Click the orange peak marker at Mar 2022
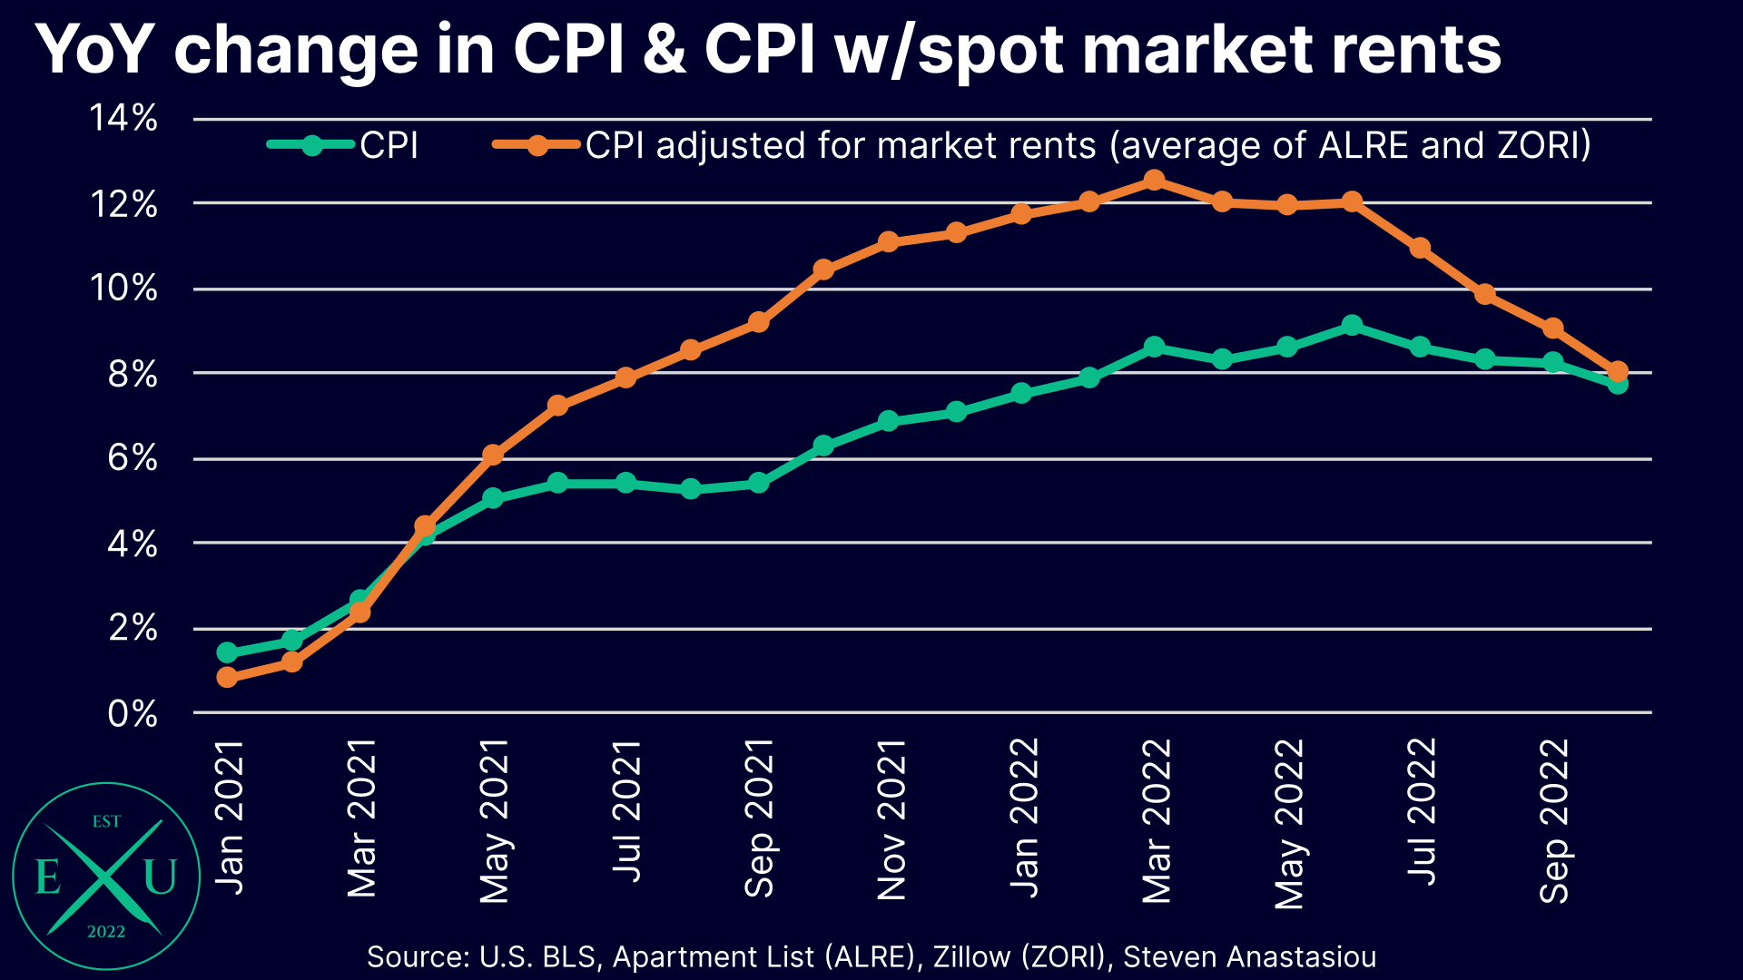point(1154,181)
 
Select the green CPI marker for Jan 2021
point(227,652)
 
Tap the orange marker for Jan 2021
point(227,677)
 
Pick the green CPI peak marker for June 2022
point(1352,326)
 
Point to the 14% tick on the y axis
point(123,118)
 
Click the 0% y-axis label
point(133,714)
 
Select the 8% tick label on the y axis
point(133,374)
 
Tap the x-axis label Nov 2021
point(891,819)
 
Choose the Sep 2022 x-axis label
point(1554,820)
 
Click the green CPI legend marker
point(311,145)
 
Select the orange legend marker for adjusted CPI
point(537,145)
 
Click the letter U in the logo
point(160,877)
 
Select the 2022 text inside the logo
point(106,932)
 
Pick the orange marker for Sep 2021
point(759,322)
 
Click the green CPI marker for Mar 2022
point(1154,347)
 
